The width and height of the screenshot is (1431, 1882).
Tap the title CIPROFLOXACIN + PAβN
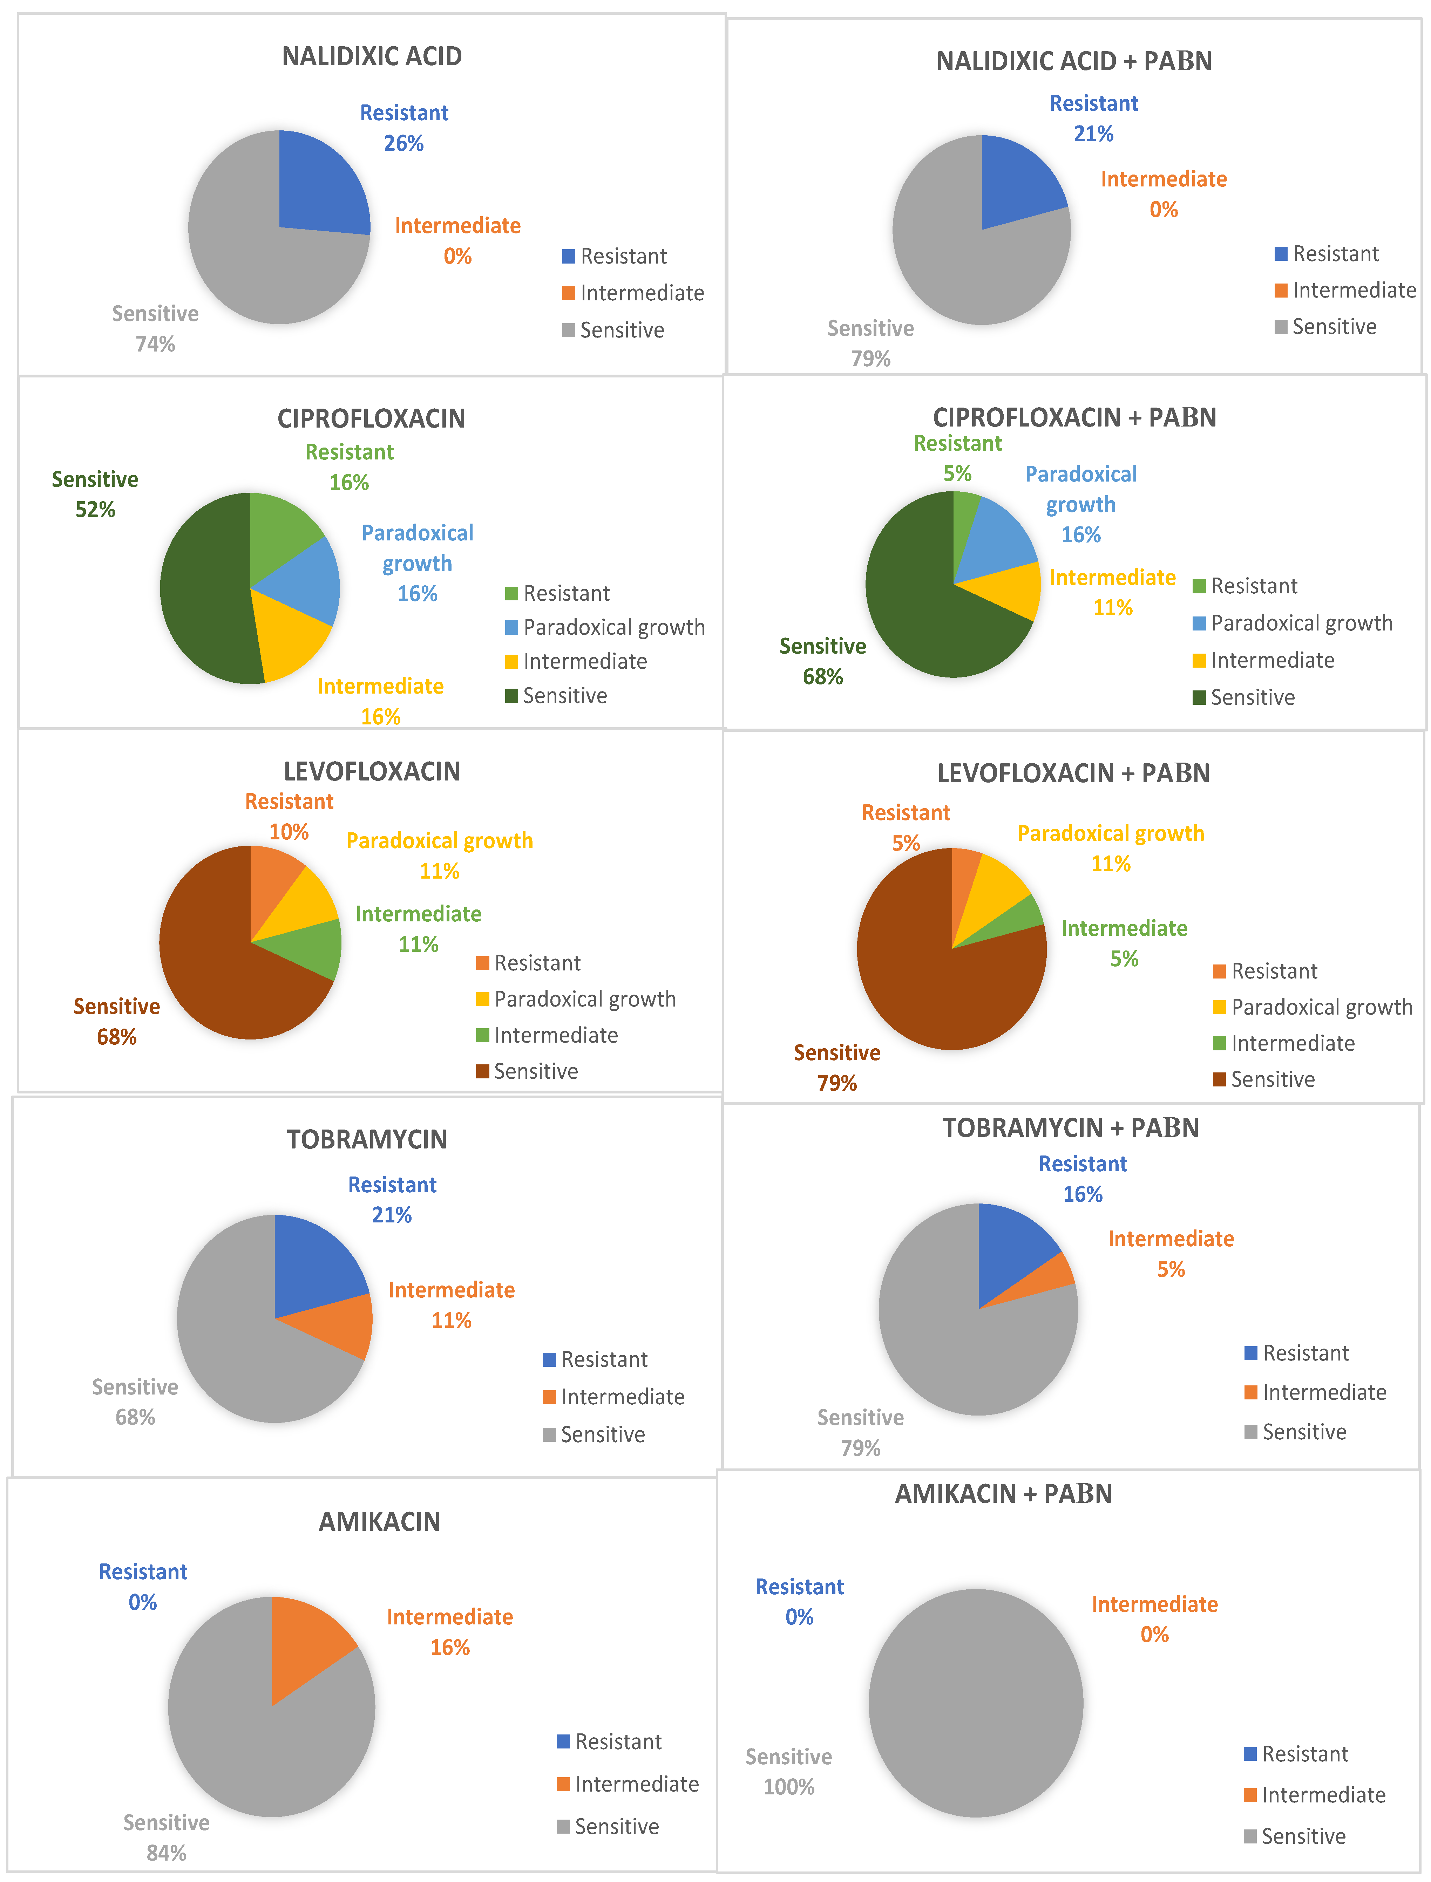point(1074,417)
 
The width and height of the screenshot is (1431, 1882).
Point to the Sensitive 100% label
point(789,1771)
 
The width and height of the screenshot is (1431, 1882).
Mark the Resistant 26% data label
point(404,128)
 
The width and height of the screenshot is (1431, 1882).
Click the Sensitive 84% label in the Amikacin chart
point(166,1837)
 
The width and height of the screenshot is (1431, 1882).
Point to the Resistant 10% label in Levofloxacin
point(289,817)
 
